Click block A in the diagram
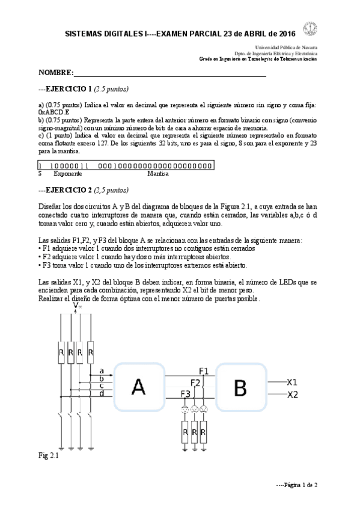139,388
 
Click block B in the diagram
240,388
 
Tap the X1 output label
292,382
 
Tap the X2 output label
292,395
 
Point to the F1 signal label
204,370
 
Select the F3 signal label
186,394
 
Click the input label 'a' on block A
101,370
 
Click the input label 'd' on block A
101,393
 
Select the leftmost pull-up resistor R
61,351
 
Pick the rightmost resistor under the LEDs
204,432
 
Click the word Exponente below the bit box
68,173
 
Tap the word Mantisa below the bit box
158,173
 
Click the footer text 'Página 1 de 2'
296,484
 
